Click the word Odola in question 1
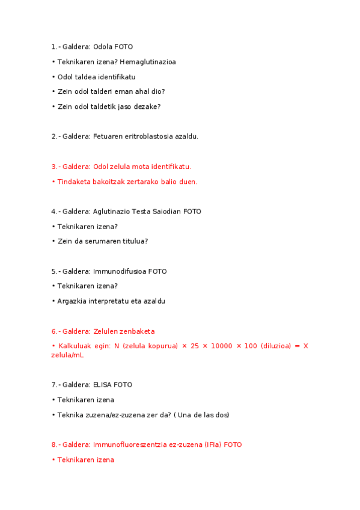click(103, 47)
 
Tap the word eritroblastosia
click(148, 137)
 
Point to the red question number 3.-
click(55, 167)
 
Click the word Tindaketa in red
click(73, 182)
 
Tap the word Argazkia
click(71, 301)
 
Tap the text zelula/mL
click(67, 355)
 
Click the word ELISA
click(103, 385)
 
